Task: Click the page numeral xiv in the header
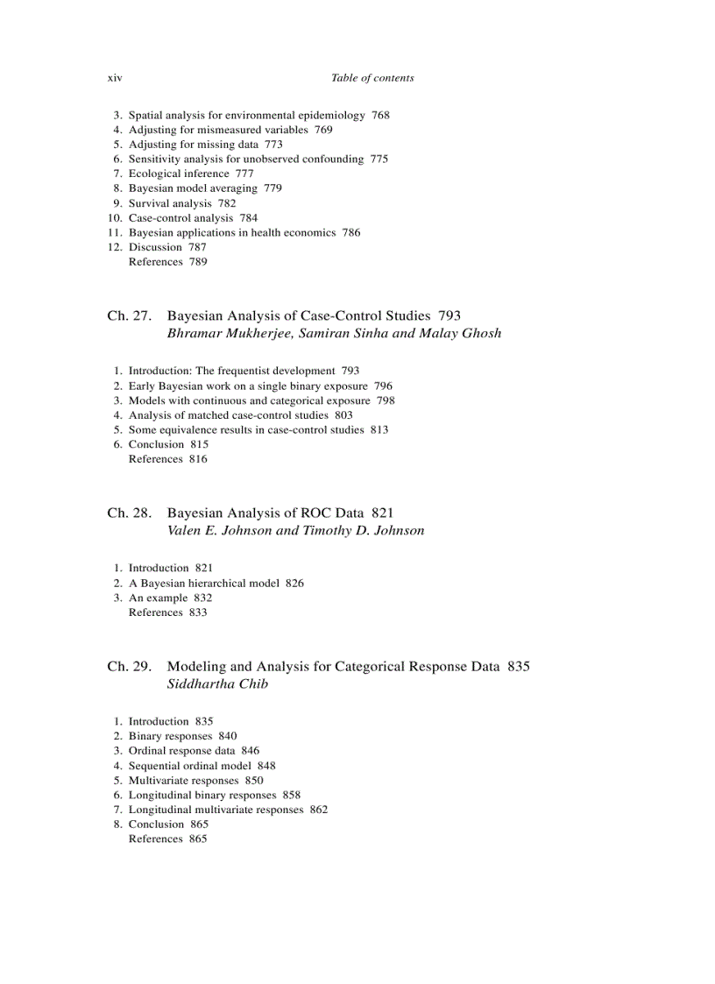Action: coord(115,78)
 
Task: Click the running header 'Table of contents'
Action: coord(372,78)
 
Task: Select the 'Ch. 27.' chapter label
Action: coord(130,315)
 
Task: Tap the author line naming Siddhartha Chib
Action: coord(217,684)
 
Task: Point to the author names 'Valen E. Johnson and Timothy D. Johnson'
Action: coord(295,530)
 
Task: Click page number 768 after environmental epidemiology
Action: coord(380,115)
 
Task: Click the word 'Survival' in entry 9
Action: coord(149,203)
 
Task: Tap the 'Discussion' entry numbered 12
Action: coord(155,247)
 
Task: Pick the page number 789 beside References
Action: coord(198,262)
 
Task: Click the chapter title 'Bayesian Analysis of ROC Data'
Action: coord(265,513)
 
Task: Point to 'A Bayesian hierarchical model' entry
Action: coord(204,583)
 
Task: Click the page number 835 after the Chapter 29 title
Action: coord(518,667)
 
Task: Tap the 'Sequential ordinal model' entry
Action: coord(189,766)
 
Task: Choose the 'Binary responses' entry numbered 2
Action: coord(170,736)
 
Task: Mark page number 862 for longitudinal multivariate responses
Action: coord(319,810)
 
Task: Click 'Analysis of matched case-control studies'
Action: coord(228,415)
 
